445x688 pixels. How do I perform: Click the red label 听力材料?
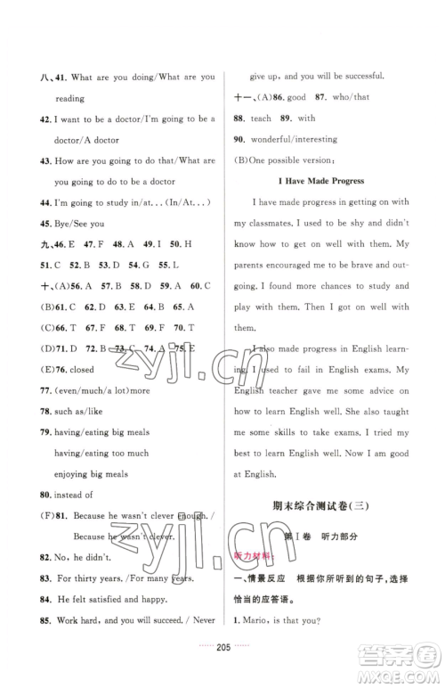[x=254, y=554]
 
